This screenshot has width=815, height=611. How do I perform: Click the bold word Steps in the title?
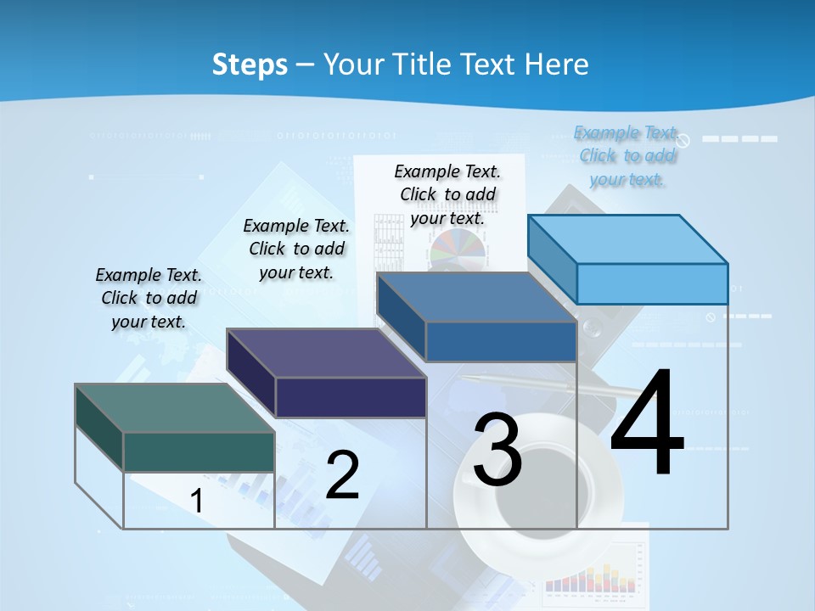point(250,64)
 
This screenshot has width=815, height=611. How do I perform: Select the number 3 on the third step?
point(497,450)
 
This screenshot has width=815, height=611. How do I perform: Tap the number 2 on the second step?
point(342,475)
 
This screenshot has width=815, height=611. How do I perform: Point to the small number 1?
point(196,501)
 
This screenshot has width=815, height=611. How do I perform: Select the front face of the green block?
point(199,451)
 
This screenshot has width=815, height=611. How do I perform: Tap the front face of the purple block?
point(351,397)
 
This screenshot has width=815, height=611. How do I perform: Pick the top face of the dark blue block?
point(476,297)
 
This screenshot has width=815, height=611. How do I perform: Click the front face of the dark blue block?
point(501,341)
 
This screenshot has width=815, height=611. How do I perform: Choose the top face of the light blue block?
point(627,238)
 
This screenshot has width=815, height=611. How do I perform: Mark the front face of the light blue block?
point(652,283)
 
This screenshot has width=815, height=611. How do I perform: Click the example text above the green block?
point(149,298)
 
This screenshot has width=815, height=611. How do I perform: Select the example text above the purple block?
point(296,249)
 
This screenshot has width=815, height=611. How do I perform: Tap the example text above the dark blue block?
point(447,194)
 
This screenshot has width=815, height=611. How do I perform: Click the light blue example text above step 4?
point(627,155)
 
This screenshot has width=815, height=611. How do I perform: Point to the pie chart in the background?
point(458,249)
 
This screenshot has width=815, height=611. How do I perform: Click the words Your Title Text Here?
point(456,64)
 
